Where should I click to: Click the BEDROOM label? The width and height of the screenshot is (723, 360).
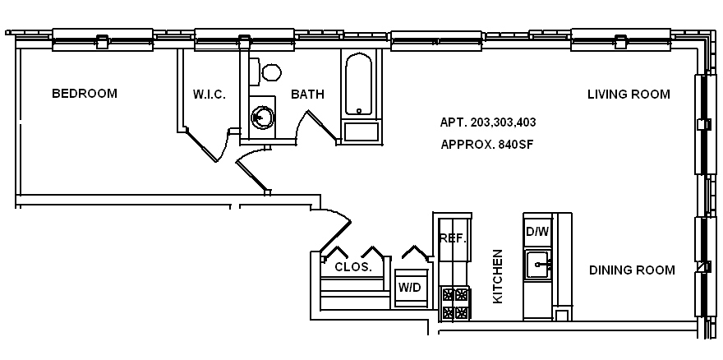84,94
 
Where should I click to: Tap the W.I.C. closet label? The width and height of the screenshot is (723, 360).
210,95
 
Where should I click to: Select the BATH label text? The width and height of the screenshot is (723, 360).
307,95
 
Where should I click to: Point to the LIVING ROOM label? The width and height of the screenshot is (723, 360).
629,95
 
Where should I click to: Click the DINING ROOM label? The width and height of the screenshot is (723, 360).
632,270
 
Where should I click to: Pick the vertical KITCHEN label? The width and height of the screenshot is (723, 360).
498,277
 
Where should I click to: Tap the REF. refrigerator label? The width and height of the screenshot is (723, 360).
453,239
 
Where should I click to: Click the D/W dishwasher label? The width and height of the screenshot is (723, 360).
536,232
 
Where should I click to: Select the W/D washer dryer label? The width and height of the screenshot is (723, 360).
409,287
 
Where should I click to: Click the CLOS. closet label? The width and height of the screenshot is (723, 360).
353,267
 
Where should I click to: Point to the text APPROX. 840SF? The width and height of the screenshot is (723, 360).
488,144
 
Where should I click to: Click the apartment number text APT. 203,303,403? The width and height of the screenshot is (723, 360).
488,122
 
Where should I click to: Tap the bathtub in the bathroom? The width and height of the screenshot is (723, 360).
359,85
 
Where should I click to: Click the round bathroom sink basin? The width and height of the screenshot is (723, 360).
262,118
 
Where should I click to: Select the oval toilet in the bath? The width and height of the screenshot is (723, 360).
270,72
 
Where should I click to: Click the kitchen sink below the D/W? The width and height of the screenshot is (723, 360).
539,265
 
